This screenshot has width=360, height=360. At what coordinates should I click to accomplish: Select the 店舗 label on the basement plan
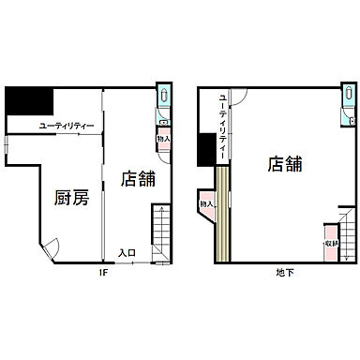point(285,164)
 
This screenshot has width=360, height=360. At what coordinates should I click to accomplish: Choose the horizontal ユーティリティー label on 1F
point(66,125)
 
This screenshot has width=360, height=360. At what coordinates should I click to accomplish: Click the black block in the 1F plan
point(28,101)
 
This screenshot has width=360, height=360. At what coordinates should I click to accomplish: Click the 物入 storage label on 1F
point(164,139)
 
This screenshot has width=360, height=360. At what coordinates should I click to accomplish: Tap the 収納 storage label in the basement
point(331,243)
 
